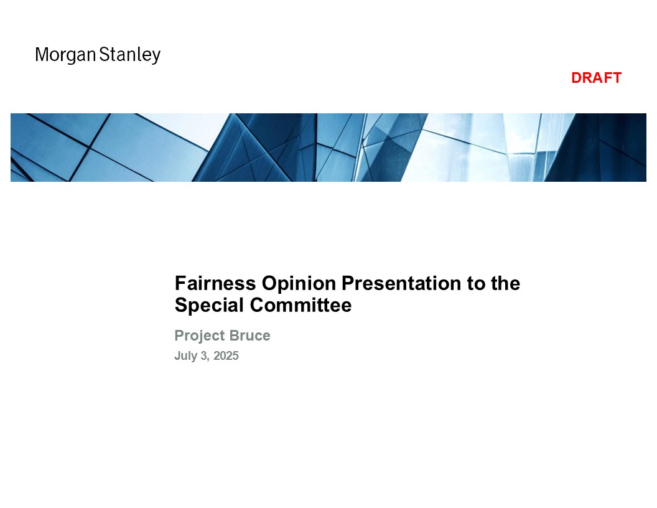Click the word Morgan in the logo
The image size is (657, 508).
click(66, 55)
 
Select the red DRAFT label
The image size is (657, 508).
click(596, 78)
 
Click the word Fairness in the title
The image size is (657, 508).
click(215, 283)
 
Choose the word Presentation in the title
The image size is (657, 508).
click(401, 283)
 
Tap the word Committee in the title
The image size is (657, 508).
click(301, 305)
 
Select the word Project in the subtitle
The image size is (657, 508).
click(200, 336)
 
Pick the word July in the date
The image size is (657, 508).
click(185, 356)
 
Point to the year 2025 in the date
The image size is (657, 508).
click(226, 356)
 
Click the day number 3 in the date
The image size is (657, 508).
click(204, 356)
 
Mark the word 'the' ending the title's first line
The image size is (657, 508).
click(506, 283)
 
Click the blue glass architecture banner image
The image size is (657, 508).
click(328, 148)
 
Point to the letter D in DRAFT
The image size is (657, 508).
click(577, 78)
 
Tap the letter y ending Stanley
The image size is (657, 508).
click(156, 57)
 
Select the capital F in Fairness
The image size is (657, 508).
click(180, 283)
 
